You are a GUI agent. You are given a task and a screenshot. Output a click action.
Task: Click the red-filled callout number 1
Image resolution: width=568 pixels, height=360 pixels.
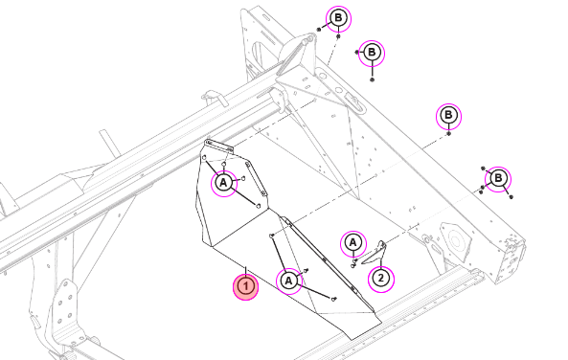click(245, 287)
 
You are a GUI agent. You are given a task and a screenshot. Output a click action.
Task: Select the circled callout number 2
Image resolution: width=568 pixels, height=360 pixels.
click(381, 279)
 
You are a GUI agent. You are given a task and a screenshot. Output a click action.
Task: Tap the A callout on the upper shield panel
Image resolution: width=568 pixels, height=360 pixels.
click(224, 183)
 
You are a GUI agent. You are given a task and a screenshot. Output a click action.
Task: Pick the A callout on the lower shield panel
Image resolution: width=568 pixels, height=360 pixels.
click(288, 281)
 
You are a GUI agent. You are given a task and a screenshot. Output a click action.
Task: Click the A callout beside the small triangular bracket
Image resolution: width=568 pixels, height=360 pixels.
click(353, 243)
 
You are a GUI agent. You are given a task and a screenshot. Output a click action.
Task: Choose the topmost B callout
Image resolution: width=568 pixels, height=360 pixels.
click(338, 18)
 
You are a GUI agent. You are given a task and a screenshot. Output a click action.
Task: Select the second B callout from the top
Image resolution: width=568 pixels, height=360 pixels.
click(372, 54)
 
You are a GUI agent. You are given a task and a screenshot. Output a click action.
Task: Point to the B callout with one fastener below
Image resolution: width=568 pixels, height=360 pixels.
click(448, 116)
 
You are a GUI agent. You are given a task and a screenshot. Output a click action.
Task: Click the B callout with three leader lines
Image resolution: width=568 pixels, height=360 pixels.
click(498, 179)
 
